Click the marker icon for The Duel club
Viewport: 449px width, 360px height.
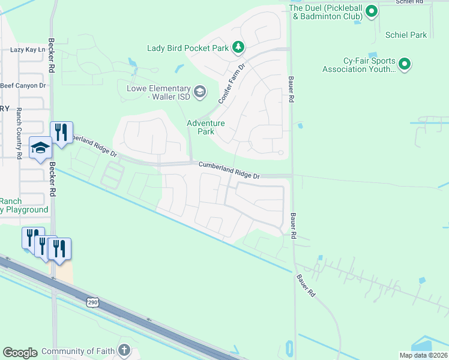point(372,11)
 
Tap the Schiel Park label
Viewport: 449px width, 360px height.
point(406,35)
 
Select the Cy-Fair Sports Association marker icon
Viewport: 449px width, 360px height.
point(405,64)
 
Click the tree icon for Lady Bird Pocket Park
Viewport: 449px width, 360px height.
point(238,47)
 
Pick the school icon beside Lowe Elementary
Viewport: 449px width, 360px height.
point(200,92)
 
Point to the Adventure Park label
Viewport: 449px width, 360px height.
point(205,127)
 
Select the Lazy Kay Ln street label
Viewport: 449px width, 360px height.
point(28,50)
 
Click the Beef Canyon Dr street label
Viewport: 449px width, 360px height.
point(23,86)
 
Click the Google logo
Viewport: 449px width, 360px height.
point(20,353)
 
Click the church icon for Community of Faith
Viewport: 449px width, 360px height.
point(124,350)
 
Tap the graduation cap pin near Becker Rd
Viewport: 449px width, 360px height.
point(40,147)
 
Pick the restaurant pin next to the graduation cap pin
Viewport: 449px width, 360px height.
point(61,131)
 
